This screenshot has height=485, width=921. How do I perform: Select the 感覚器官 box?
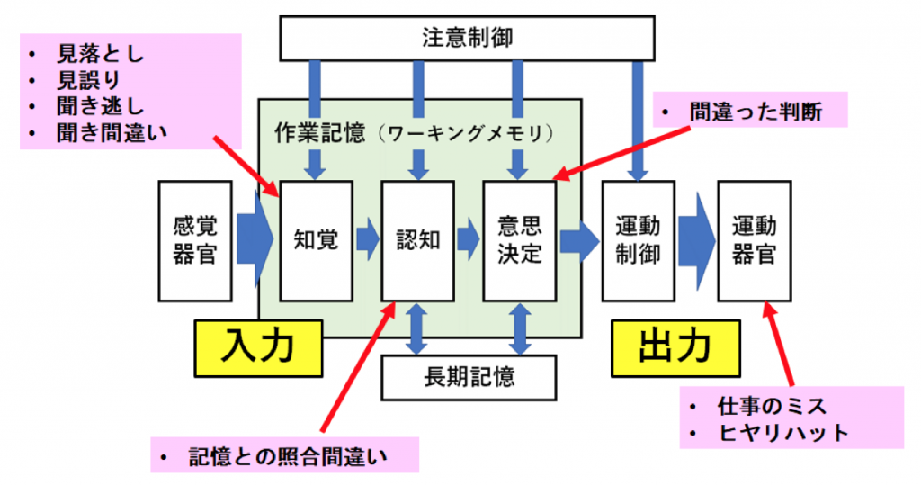click(x=194, y=241)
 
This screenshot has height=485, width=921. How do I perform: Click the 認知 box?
click(x=417, y=240)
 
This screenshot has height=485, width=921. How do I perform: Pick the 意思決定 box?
click(x=520, y=240)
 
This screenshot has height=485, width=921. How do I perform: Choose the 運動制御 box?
click(x=638, y=240)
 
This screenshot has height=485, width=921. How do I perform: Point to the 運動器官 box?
click(x=754, y=240)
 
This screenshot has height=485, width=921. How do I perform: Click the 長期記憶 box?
click(x=469, y=376)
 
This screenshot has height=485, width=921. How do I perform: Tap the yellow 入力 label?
click(x=259, y=346)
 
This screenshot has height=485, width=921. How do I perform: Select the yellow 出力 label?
click(x=675, y=346)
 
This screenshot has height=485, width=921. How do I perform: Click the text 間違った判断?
click(x=756, y=112)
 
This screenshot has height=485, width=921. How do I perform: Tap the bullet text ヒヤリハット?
click(x=783, y=432)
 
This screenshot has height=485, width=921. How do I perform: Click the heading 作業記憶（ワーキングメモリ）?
click(x=412, y=133)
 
